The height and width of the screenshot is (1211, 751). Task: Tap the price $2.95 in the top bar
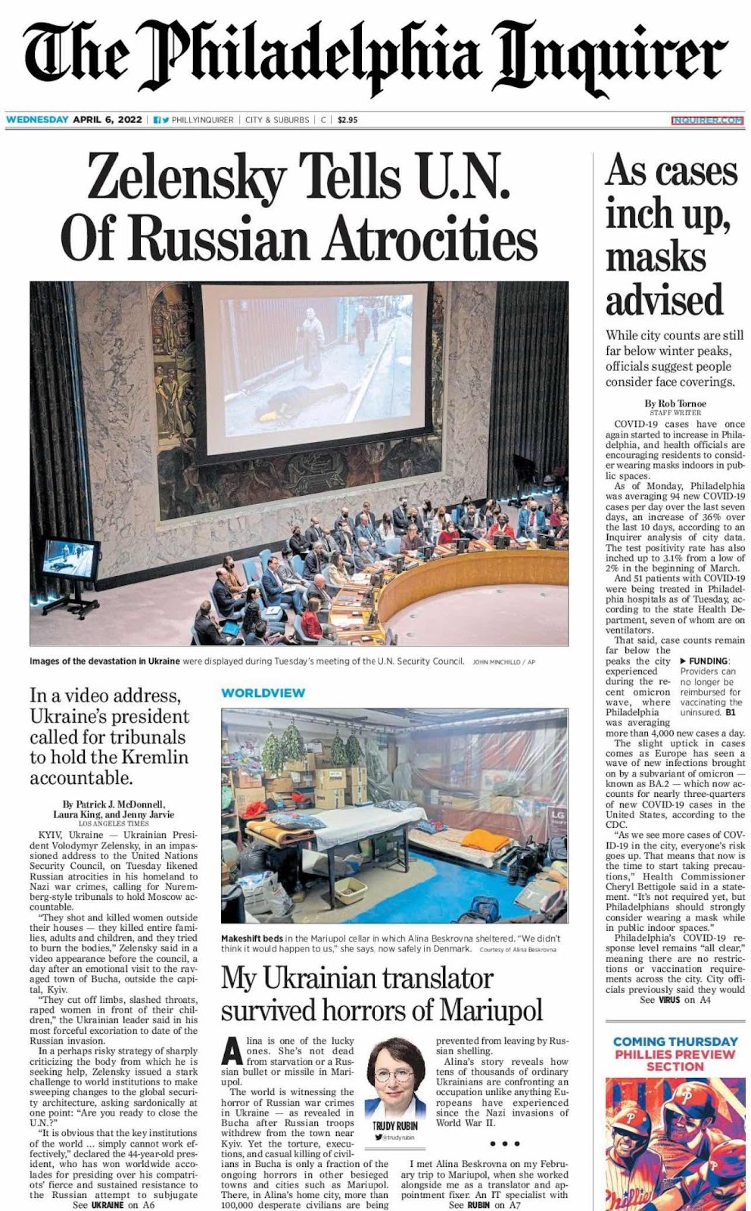click(347, 120)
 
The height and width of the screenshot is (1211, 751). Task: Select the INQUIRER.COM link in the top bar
click(707, 120)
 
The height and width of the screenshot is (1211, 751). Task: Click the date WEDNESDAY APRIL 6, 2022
click(73, 120)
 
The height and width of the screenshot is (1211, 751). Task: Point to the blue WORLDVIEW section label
click(263, 693)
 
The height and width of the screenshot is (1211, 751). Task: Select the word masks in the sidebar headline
click(656, 257)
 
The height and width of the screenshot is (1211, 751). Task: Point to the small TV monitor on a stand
click(70, 560)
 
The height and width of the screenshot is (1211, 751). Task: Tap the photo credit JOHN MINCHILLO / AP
click(503, 662)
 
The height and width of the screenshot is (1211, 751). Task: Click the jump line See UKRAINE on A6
click(114, 1205)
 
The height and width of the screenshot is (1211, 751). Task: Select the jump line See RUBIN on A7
click(485, 1205)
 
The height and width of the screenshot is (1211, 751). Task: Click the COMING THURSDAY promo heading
click(675, 1042)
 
